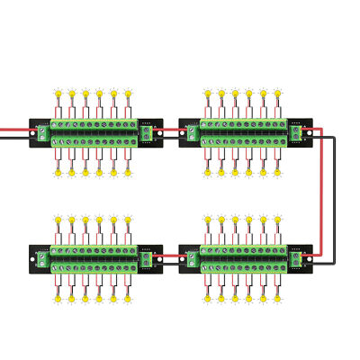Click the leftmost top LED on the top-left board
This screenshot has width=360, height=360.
pos(57,95)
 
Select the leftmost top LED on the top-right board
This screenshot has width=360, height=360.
pos(206,95)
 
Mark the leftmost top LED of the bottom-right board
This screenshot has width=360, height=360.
pos(206,220)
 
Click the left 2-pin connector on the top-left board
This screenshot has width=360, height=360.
pos(41,132)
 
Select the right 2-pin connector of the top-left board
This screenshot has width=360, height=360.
pos(148,132)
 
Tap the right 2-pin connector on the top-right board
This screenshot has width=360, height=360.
pos(297,132)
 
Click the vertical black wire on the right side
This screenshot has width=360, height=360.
pos(335,198)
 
